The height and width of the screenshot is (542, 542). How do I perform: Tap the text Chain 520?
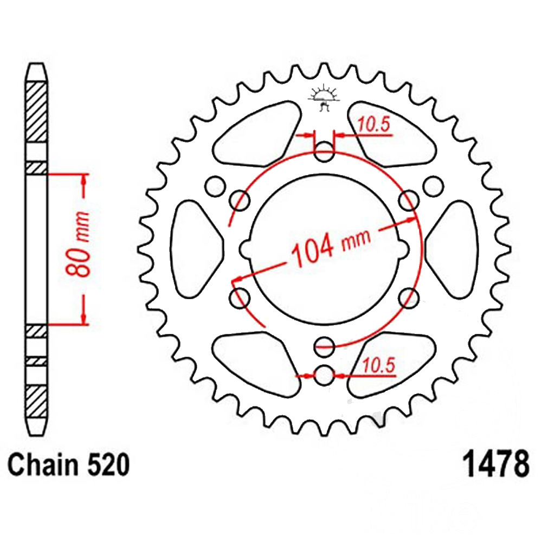click(68, 464)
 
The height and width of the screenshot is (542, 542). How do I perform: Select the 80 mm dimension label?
click(78, 244)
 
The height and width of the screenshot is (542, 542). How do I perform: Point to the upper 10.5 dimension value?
click(373, 125)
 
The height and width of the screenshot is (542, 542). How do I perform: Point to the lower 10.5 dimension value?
click(378, 365)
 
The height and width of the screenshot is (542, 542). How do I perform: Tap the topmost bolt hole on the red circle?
click(324, 151)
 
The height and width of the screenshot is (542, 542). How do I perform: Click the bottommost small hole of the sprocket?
click(324, 375)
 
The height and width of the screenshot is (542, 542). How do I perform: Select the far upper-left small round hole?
click(215, 186)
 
